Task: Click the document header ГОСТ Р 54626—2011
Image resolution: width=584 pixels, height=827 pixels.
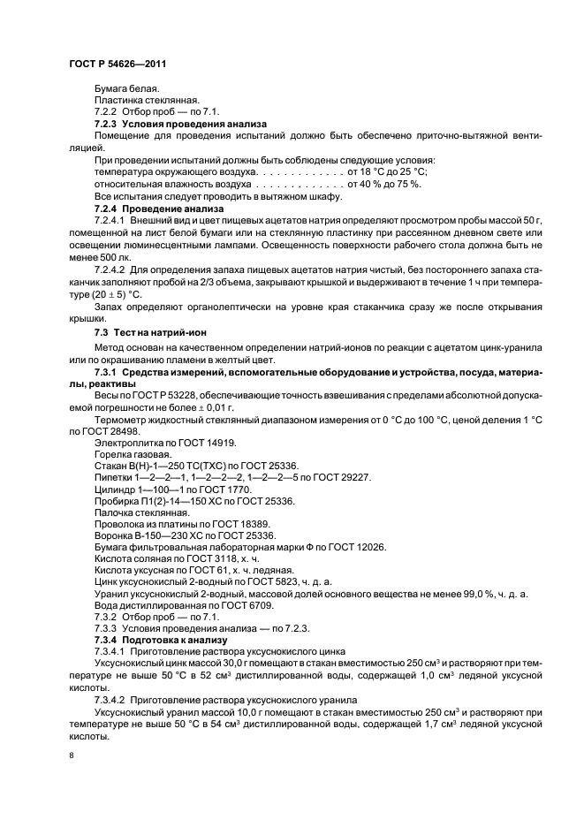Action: [117, 64]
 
